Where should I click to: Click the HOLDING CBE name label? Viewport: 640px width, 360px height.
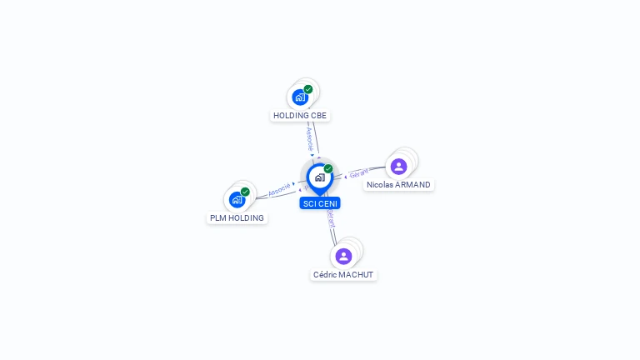[x=300, y=115]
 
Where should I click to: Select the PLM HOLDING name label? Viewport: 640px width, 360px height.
[x=237, y=218]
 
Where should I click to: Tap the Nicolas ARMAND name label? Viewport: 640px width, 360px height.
[x=398, y=185]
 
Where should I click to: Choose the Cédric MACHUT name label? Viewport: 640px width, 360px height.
[x=343, y=274]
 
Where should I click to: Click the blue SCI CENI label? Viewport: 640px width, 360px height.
[x=320, y=203]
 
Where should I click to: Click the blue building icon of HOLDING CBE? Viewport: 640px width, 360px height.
[x=300, y=97]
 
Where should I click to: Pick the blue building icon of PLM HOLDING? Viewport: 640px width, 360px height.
[x=237, y=200]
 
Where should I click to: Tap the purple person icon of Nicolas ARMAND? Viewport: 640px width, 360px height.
[x=398, y=167]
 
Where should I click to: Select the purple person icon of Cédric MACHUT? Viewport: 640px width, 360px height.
[x=343, y=256]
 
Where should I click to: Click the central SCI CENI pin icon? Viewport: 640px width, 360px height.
[x=319, y=177]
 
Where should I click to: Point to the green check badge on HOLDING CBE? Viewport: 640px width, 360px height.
[x=308, y=89]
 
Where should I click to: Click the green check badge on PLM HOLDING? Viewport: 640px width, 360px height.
[x=245, y=192]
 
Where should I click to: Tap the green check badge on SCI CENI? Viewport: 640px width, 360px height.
[x=328, y=168]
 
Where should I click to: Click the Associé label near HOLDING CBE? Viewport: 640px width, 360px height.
[x=309, y=137]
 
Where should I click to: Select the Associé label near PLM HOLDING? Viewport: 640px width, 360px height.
[x=279, y=189]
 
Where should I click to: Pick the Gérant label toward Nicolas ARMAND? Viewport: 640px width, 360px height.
[x=358, y=173]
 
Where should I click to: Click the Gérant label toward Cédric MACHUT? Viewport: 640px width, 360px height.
[x=331, y=219]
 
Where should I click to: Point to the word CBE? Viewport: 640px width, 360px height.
[x=319, y=115]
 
